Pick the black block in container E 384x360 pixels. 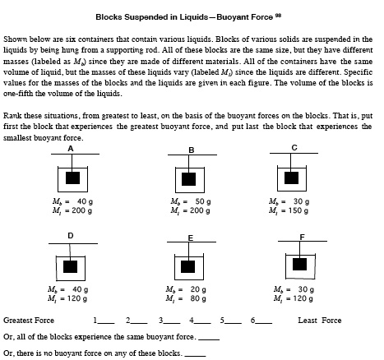pos(189,266)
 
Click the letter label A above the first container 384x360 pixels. pos(71,149)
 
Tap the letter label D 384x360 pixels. pos(71,235)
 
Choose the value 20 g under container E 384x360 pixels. pos(200,288)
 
